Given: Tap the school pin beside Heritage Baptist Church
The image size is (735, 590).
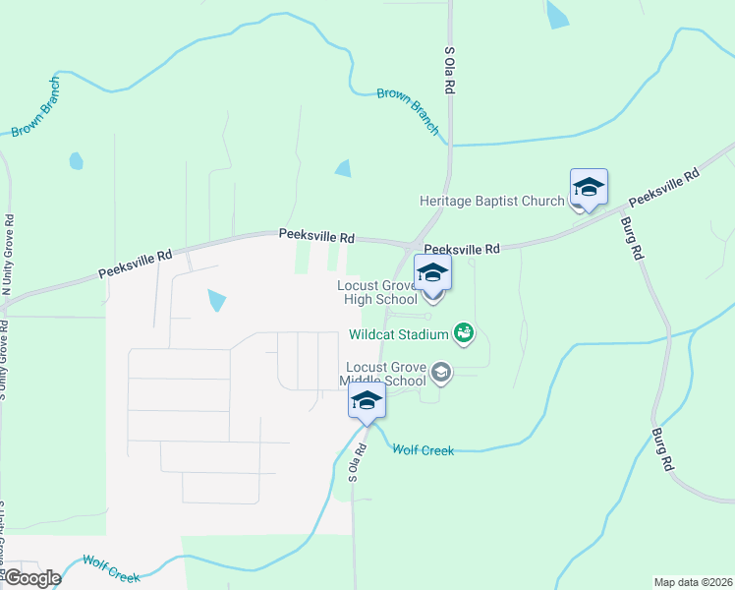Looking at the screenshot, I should (x=589, y=188).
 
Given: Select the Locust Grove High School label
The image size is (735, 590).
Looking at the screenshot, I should (x=376, y=292).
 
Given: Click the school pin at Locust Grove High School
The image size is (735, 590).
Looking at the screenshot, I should (x=432, y=274).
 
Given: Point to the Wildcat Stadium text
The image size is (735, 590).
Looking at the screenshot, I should (x=398, y=334).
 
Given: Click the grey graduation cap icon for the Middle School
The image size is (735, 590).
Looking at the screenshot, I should (x=441, y=372).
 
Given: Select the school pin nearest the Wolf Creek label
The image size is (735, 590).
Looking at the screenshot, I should (x=367, y=401).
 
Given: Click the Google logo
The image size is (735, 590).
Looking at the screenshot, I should (x=32, y=578).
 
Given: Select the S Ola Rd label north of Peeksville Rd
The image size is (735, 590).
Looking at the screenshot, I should (x=450, y=69).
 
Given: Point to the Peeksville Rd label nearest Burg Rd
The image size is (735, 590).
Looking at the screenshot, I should (x=663, y=187).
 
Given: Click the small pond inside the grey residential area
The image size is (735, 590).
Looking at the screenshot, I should (x=216, y=300).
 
